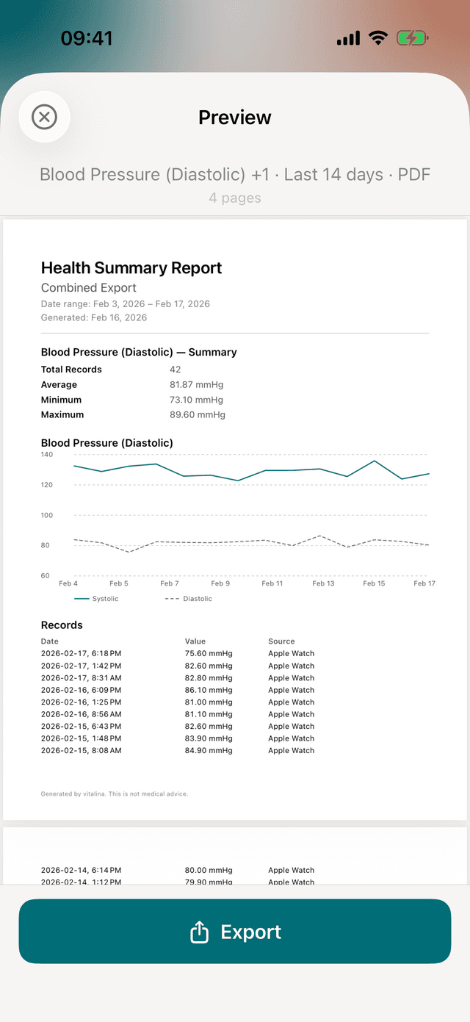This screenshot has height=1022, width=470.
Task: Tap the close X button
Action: click(x=44, y=117)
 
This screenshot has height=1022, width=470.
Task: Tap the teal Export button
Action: click(x=235, y=931)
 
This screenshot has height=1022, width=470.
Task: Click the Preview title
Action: click(x=235, y=118)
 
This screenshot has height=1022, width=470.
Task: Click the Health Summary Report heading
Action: click(x=131, y=268)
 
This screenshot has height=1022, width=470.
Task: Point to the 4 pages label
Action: click(x=235, y=198)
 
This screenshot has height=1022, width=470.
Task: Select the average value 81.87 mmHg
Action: click(x=196, y=385)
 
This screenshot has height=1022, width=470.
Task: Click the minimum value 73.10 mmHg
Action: click(x=196, y=400)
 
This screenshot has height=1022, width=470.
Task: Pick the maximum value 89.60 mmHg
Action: click(x=197, y=414)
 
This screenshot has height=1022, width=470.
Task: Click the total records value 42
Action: click(x=175, y=370)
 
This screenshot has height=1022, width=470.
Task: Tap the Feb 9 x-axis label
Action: click(x=220, y=583)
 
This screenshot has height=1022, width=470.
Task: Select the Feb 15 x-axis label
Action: click(x=374, y=583)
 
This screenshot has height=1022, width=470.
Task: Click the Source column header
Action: click(x=281, y=641)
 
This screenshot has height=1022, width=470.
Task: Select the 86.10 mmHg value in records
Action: click(x=209, y=690)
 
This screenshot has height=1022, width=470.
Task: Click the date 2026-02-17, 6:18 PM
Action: click(x=81, y=653)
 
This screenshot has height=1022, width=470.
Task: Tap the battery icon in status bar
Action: click(x=412, y=38)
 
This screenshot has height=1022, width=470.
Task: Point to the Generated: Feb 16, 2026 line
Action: click(x=94, y=317)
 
